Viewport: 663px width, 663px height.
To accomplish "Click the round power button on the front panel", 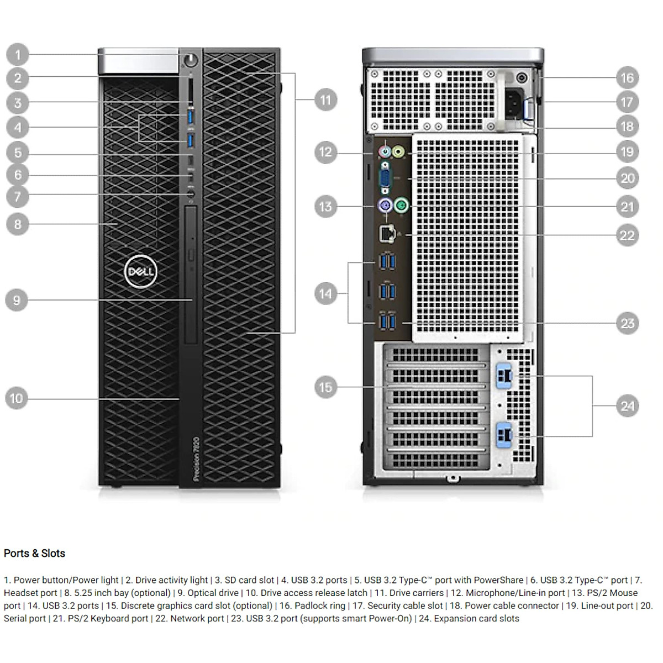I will (x=191, y=59).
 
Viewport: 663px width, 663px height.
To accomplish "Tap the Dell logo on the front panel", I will (x=141, y=271).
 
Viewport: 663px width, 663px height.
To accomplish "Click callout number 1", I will (x=18, y=55).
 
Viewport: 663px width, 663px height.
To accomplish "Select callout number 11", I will (x=325, y=100).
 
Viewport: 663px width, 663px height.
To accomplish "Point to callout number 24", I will (x=627, y=406).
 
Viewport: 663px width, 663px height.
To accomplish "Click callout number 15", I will (x=325, y=387).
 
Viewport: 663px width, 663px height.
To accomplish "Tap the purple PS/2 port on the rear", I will (x=385, y=207).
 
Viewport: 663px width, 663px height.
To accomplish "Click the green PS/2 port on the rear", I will (x=402, y=207).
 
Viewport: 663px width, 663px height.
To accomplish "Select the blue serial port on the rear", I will (x=385, y=178).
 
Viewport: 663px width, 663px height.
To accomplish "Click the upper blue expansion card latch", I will (x=504, y=376).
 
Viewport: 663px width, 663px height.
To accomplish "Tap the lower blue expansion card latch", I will (x=504, y=434).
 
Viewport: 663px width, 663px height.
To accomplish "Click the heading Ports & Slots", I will (x=34, y=553).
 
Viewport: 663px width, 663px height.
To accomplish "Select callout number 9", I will (x=17, y=300).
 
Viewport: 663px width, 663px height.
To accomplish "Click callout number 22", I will (x=627, y=235).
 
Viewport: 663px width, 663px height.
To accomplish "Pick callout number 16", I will (x=627, y=77).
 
